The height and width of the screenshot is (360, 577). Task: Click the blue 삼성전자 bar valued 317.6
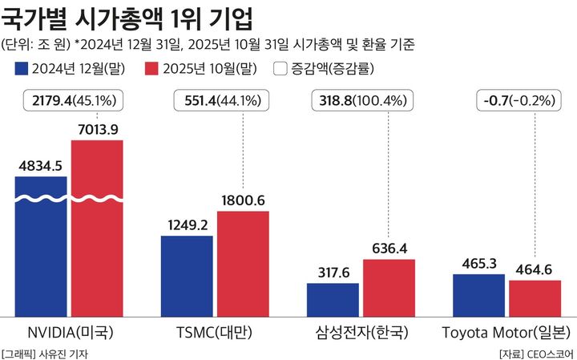pos(333,299)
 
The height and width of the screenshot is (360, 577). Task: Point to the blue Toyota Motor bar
pos(480,294)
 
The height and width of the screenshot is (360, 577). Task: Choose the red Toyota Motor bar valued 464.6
pos(535,297)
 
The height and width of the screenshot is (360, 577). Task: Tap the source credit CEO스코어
pos(548,353)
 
